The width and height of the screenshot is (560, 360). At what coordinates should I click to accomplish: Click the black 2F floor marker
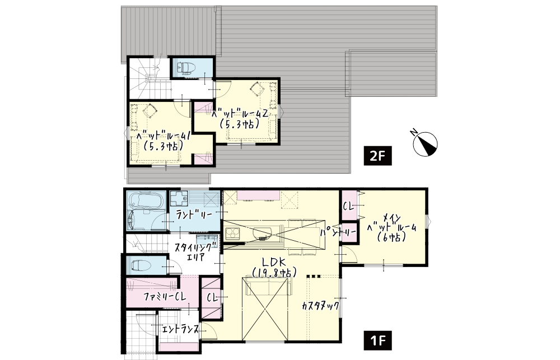[x=377, y=156]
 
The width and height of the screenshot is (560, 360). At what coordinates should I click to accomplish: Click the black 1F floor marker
[x=377, y=340]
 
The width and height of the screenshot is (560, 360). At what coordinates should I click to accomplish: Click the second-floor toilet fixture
[x=185, y=67]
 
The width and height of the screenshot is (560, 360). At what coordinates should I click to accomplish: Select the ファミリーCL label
[x=165, y=297]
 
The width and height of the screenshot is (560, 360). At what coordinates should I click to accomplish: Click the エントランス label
[x=180, y=329]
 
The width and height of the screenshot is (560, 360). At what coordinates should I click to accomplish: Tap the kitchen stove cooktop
[x=232, y=235]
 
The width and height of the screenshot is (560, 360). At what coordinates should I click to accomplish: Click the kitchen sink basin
[x=263, y=233]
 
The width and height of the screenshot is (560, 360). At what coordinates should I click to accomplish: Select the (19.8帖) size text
[x=274, y=273]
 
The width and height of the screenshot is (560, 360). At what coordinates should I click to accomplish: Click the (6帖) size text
[x=392, y=237]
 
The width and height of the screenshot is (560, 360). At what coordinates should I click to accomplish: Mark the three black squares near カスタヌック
[x=314, y=276]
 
